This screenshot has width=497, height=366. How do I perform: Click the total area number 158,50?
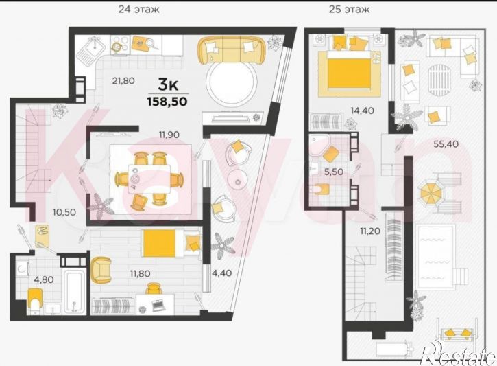[167, 102]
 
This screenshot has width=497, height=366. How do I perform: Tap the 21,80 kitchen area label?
[123, 80]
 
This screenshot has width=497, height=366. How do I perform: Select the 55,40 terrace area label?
[446, 144]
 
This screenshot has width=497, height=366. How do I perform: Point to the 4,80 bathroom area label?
[44, 279]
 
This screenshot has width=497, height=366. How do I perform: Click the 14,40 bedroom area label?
[362, 111]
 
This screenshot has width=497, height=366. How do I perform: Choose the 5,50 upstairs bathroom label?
[333, 172]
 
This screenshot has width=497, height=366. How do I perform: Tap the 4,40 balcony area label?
[221, 273]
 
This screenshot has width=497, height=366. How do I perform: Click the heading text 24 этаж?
[139, 9]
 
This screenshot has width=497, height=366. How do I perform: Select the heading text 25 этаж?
[349, 9]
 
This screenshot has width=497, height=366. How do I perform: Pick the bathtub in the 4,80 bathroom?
[75, 291]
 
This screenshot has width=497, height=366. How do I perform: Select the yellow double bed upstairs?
[350, 69]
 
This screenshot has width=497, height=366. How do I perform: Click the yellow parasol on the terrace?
[431, 193]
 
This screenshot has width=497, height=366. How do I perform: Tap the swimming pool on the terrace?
[437, 256]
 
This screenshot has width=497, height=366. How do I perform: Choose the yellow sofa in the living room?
[232, 49]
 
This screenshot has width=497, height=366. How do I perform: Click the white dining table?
[149, 179]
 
